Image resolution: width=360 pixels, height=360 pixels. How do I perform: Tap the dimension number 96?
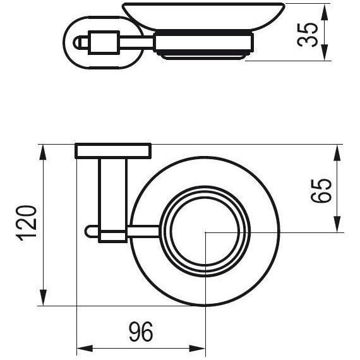pyautogui.click(x=140, y=331)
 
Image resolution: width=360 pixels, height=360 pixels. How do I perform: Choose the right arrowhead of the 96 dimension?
pyautogui.click(x=200, y=348)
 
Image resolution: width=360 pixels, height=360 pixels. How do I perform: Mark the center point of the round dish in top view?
pyautogui.click(x=207, y=233)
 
